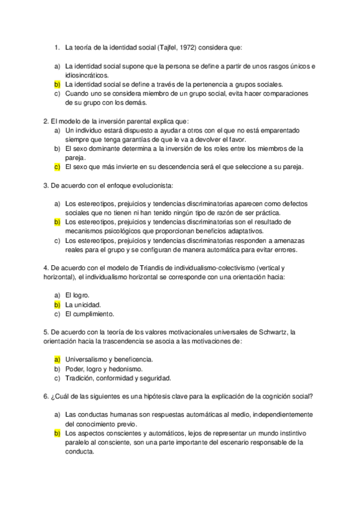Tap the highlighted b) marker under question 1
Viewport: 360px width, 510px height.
pos(56,85)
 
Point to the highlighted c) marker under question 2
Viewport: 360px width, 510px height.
pos(56,167)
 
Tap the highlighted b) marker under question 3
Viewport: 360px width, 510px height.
pos(56,222)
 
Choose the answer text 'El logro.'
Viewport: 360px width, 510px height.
pos(78,295)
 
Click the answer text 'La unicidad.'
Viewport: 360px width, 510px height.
pos(82,304)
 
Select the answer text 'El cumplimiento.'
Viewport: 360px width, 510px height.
pos(90,314)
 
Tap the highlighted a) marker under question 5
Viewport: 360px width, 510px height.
pos(56,359)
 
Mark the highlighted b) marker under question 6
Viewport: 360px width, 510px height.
pos(56,433)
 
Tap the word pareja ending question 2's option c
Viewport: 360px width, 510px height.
pos(291,167)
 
